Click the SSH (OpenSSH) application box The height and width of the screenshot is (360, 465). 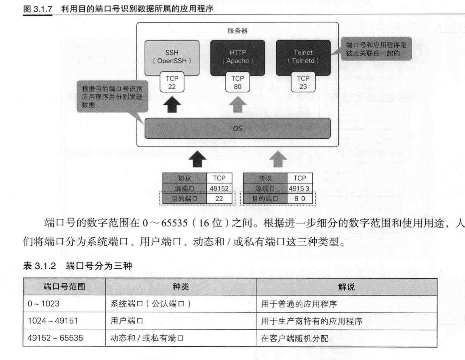172,57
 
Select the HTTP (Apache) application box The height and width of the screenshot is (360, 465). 237,57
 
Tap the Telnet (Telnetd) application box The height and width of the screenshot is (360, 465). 303,57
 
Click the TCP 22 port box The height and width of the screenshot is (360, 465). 172,82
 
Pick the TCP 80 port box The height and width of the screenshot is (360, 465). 237,82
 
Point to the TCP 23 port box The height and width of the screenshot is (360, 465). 303,82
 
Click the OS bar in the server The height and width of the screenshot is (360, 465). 237,128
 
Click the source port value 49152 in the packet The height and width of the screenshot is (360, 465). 219,188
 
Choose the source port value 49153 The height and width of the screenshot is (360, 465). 299,188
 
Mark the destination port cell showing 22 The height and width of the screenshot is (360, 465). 219,198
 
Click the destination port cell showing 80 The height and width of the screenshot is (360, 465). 299,198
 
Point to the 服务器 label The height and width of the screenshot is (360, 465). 237,31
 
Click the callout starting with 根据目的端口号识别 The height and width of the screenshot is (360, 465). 112,96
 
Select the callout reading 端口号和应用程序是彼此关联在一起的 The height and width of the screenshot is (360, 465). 376,49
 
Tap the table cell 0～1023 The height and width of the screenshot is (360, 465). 43,304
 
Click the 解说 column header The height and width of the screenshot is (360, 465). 346,287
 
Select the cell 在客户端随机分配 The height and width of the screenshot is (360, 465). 294,338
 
